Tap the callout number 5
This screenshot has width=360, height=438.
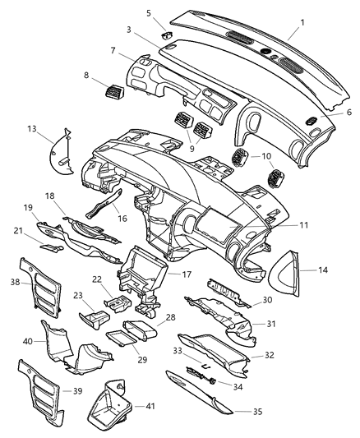pos(149,13)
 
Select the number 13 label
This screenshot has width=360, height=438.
pos(31,128)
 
